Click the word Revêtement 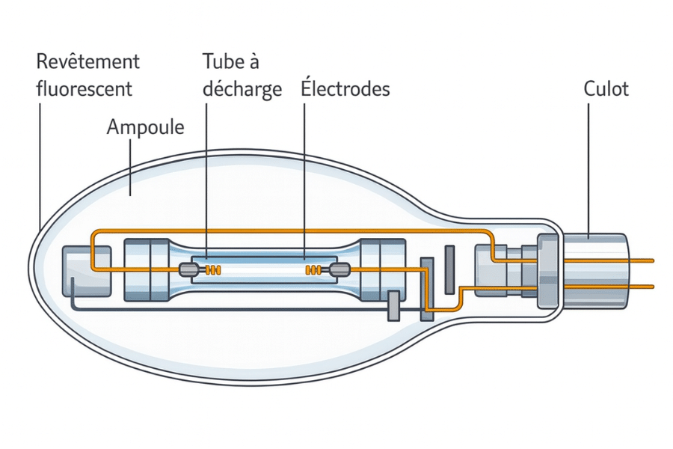[x=88, y=61]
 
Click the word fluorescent [x=84, y=88]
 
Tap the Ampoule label [x=146, y=126]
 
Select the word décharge [x=242, y=89]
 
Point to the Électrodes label [x=345, y=89]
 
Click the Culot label [x=606, y=89]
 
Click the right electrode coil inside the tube [x=313, y=269]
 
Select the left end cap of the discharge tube [x=149, y=269]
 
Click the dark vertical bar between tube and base [x=449, y=269]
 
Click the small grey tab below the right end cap [x=393, y=307]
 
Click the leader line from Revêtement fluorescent [x=38, y=165]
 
